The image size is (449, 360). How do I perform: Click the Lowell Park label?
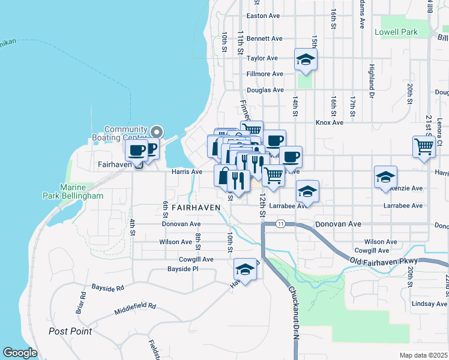(396, 31)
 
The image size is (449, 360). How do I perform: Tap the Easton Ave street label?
(264, 16)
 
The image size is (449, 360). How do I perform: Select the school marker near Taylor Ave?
(306, 59)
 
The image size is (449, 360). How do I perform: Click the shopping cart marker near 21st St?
(424, 146)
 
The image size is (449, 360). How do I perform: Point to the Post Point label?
(70, 331)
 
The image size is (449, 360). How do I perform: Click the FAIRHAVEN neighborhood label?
(196, 207)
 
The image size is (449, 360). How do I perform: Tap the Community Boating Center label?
(125, 133)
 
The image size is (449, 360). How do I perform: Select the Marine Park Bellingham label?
(73, 191)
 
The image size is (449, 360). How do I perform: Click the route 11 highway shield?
(280, 224)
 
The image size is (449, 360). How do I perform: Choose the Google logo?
(20, 353)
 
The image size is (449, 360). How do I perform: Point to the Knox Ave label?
(330, 122)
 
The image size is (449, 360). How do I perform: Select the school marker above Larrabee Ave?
(308, 192)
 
